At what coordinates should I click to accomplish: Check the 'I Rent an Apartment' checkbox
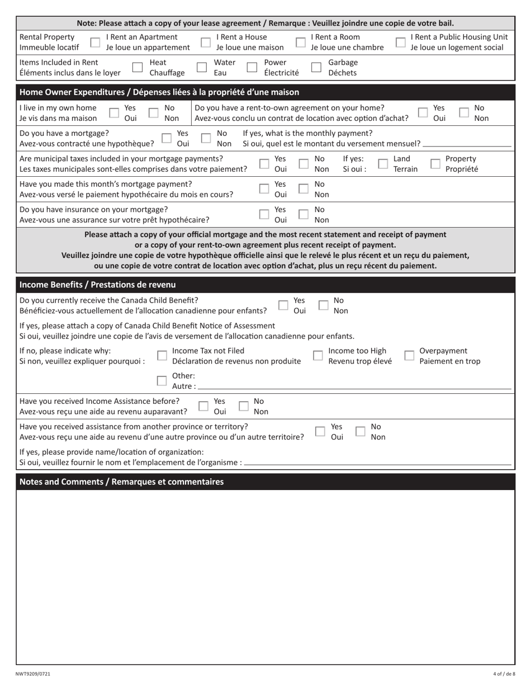96,43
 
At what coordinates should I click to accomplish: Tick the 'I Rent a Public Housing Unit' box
400,43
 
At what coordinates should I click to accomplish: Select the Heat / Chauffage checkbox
137,68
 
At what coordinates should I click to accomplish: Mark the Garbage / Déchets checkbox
316,68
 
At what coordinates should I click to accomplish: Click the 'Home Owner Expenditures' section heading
159,92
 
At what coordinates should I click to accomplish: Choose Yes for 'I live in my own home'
113,113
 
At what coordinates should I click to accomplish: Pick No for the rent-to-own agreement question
463,113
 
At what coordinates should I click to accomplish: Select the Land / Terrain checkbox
383,164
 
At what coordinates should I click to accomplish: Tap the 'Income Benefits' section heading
98,285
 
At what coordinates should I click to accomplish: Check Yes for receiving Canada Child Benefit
283,305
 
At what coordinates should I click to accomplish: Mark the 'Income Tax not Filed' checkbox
162,356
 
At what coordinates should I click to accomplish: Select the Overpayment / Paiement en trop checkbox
409,356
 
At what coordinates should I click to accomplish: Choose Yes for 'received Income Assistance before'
204,407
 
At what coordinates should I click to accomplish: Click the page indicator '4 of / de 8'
504,674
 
